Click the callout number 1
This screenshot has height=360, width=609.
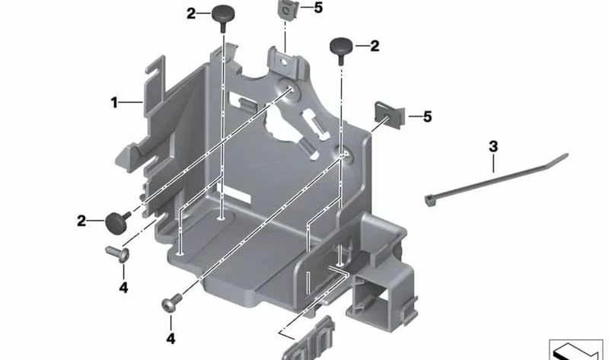click(114, 103)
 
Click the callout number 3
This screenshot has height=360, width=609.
click(493, 147)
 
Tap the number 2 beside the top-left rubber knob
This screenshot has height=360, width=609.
click(191, 14)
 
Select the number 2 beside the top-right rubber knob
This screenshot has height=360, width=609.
click(375, 46)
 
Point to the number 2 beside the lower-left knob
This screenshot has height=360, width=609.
click(81, 221)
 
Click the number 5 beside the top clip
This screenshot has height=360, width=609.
click(318, 8)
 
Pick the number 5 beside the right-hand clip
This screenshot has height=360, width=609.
click(427, 116)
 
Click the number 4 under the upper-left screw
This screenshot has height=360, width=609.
click(123, 288)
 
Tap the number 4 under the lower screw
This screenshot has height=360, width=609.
click(171, 339)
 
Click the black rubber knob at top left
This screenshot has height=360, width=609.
click(222, 18)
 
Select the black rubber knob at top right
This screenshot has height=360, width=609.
click(341, 49)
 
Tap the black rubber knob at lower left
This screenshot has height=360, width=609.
click(117, 221)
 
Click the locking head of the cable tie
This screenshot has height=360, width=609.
click(430, 200)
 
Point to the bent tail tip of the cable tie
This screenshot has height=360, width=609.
click(567, 155)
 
